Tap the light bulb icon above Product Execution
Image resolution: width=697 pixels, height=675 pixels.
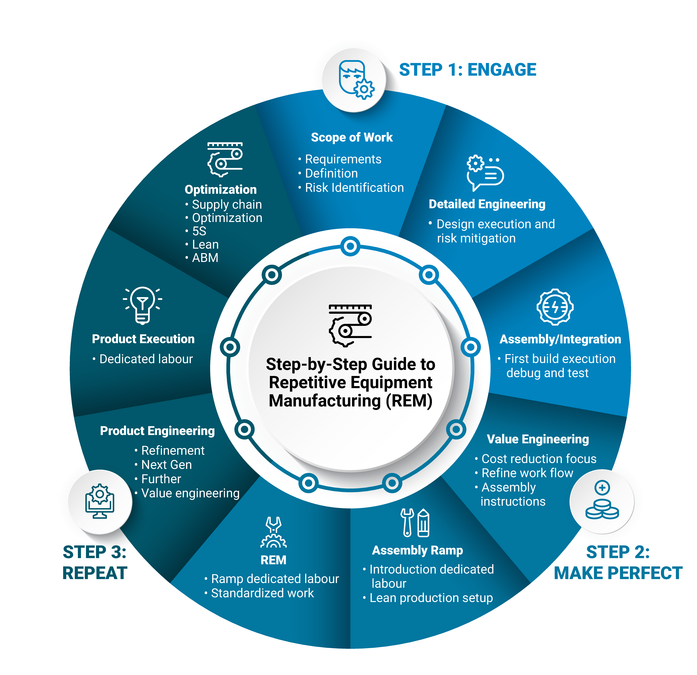(143, 305)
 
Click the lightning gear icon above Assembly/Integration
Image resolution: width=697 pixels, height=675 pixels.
(555, 307)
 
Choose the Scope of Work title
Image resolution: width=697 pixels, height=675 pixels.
(352, 137)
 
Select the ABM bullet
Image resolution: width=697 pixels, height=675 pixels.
(205, 258)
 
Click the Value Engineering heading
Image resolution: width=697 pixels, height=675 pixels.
(538, 439)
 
